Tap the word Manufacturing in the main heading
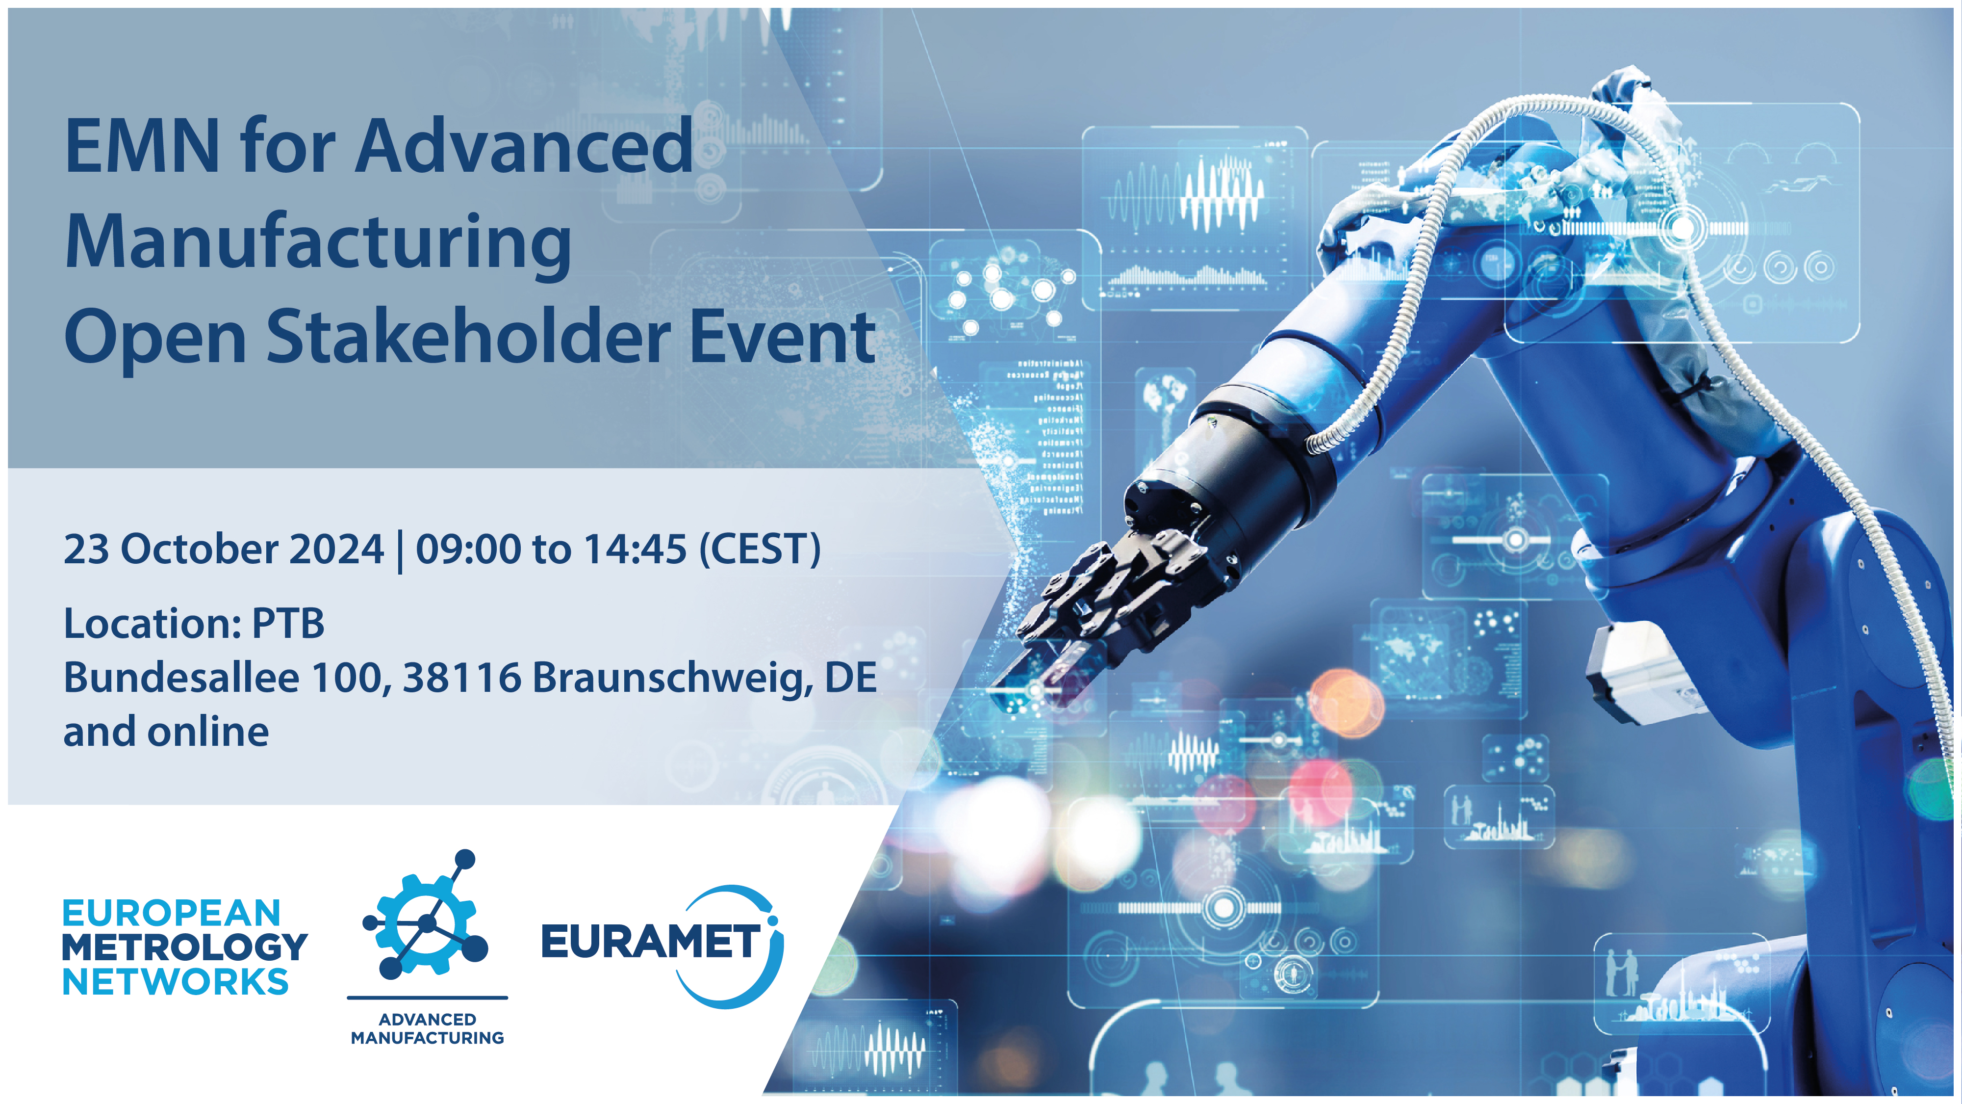point(318,242)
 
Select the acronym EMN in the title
point(142,146)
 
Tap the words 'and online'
point(166,732)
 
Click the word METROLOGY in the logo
point(184,947)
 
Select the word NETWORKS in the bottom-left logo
point(175,982)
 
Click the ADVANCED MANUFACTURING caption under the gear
point(427,1028)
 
